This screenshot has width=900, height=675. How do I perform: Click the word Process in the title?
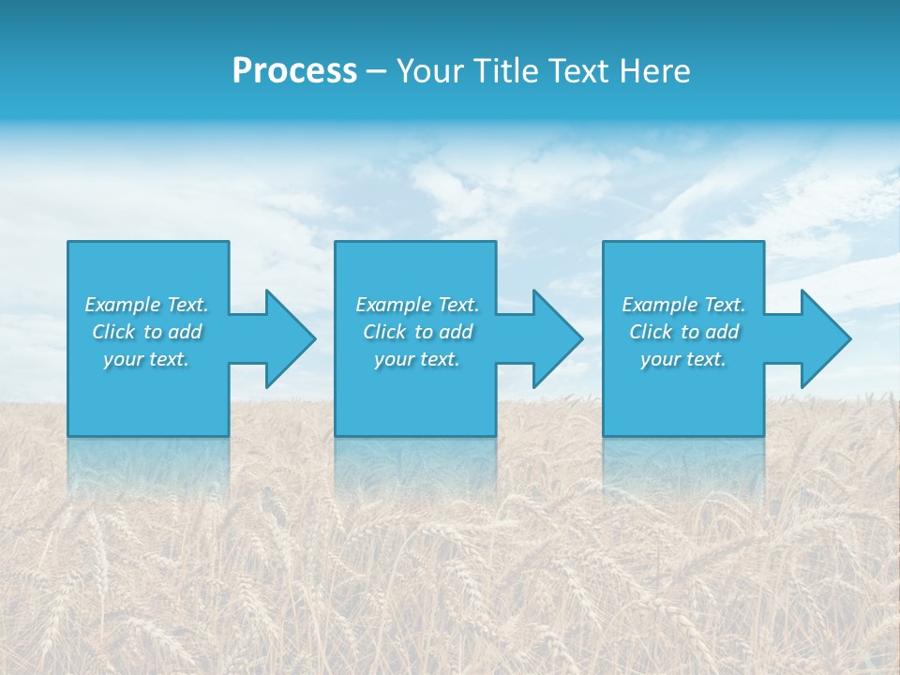tap(294, 71)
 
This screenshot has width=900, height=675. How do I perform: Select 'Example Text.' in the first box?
tap(146, 305)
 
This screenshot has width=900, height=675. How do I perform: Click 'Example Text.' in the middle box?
tap(417, 305)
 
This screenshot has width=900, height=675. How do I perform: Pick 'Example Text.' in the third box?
tap(683, 305)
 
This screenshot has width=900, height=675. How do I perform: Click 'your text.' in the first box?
tap(146, 359)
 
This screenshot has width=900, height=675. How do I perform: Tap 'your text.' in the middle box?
tap(417, 359)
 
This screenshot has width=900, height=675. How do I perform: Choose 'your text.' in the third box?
tap(683, 359)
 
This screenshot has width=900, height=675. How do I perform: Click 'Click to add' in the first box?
tap(146, 332)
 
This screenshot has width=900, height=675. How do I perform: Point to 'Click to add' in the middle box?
tap(417, 332)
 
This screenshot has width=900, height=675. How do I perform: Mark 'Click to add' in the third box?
tap(683, 332)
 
